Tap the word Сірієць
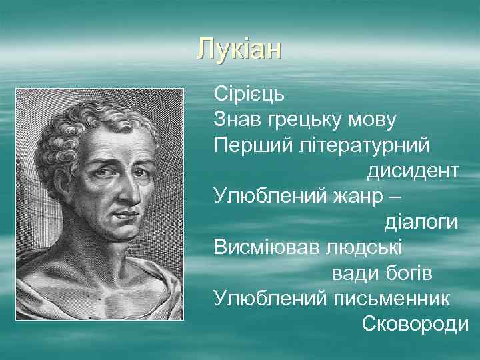point(249,93)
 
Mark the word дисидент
point(412,171)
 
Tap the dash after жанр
point(395,196)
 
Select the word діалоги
point(421,222)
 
